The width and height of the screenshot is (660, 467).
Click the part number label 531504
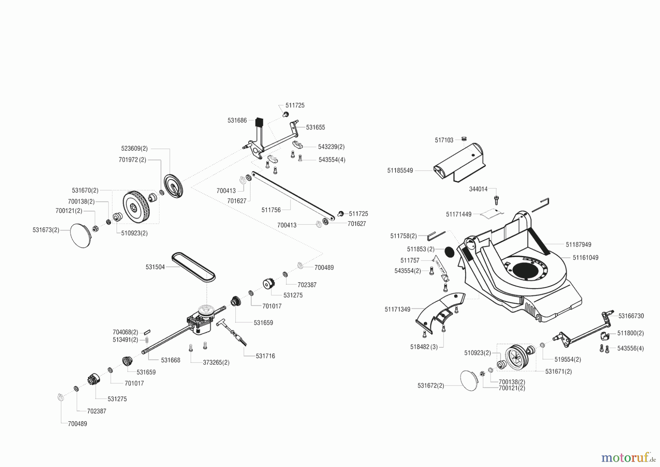(155, 267)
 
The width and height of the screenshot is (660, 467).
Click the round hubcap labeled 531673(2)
(80, 236)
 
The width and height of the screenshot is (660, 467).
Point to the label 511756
(271, 210)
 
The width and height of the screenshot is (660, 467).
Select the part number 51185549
(400, 170)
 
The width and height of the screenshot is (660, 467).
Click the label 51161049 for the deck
(586, 258)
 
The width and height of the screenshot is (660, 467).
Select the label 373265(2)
(216, 362)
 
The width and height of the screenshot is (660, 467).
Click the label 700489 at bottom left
(77, 424)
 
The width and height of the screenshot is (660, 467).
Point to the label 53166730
(631, 316)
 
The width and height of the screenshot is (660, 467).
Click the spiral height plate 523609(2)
(173, 187)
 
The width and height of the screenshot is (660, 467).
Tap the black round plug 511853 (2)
(449, 252)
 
